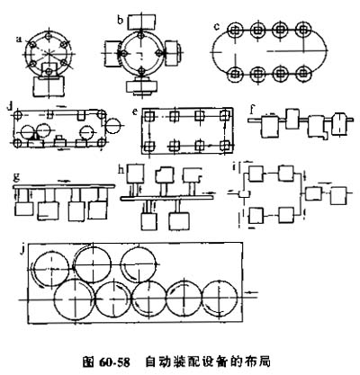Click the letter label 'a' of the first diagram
click(20, 40)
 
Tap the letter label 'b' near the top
click(121, 20)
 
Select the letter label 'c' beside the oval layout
click(217, 26)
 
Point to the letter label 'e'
click(136, 112)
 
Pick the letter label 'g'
click(17, 178)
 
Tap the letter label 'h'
click(121, 170)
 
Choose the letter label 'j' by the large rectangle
click(22, 250)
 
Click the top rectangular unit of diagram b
click(142, 21)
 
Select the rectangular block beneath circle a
click(49, 86)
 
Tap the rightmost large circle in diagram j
click(220, 298)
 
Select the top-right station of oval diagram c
click(303, 30)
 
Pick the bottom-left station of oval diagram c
click(236, 74)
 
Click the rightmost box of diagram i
click(340, 196)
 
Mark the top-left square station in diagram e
click(148, 115)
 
